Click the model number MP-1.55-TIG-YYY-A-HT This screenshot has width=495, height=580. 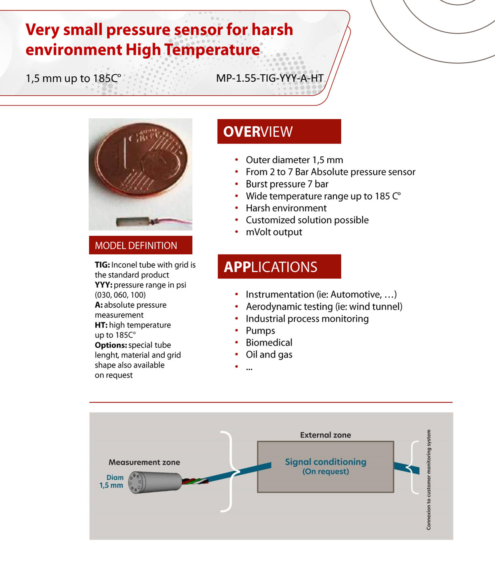(x=270, y=78)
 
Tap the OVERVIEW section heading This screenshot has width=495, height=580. (x=258, y=131)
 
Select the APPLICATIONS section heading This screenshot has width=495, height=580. (x=270, y=267)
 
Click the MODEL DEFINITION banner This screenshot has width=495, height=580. (x=136, y=245)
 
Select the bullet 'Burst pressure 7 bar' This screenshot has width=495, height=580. (x=287, y=184)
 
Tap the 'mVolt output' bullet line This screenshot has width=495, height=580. (x=274, y=232)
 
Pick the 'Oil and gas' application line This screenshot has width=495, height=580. (x=269, y=355)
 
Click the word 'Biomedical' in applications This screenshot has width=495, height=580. (x=269, y=343)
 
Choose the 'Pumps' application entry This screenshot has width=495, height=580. (x=260, y=331)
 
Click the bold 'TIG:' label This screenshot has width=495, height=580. (x=102, y=265)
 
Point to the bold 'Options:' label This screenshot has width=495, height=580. (x=111, y=345)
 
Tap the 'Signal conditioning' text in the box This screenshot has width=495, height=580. (x=326, y=462)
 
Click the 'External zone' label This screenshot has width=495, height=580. (x=325, y=435)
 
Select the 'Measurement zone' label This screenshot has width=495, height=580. (x=144, y=462)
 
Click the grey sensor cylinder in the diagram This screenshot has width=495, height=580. (x=155, y=482)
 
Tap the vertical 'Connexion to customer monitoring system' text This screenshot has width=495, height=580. (x=428, y=480)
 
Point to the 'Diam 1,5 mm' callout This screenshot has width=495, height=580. (x=111, y=481)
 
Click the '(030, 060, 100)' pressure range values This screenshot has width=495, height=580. (x=120, y=295)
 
